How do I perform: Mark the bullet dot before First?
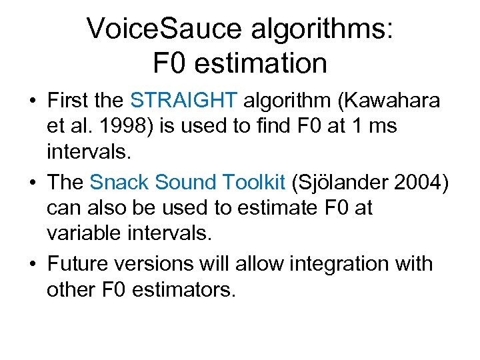pyautogui.click(x=31, y=101)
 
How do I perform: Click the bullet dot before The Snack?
pyautogui.click(x=31, y=183)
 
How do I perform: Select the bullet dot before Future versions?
pyautogui.click(x=31, y=264)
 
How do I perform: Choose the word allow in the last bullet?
pyautogui.click(x=259, y=263)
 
